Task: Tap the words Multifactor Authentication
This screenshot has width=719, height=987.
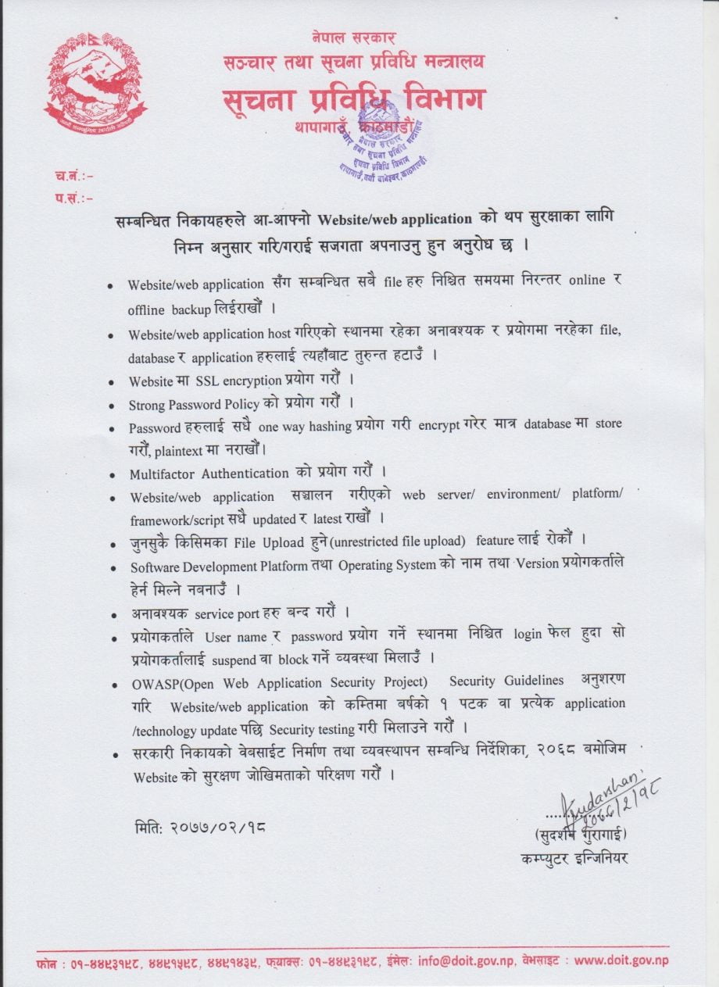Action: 209,473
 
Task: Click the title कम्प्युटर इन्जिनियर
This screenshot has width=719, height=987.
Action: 574,858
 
